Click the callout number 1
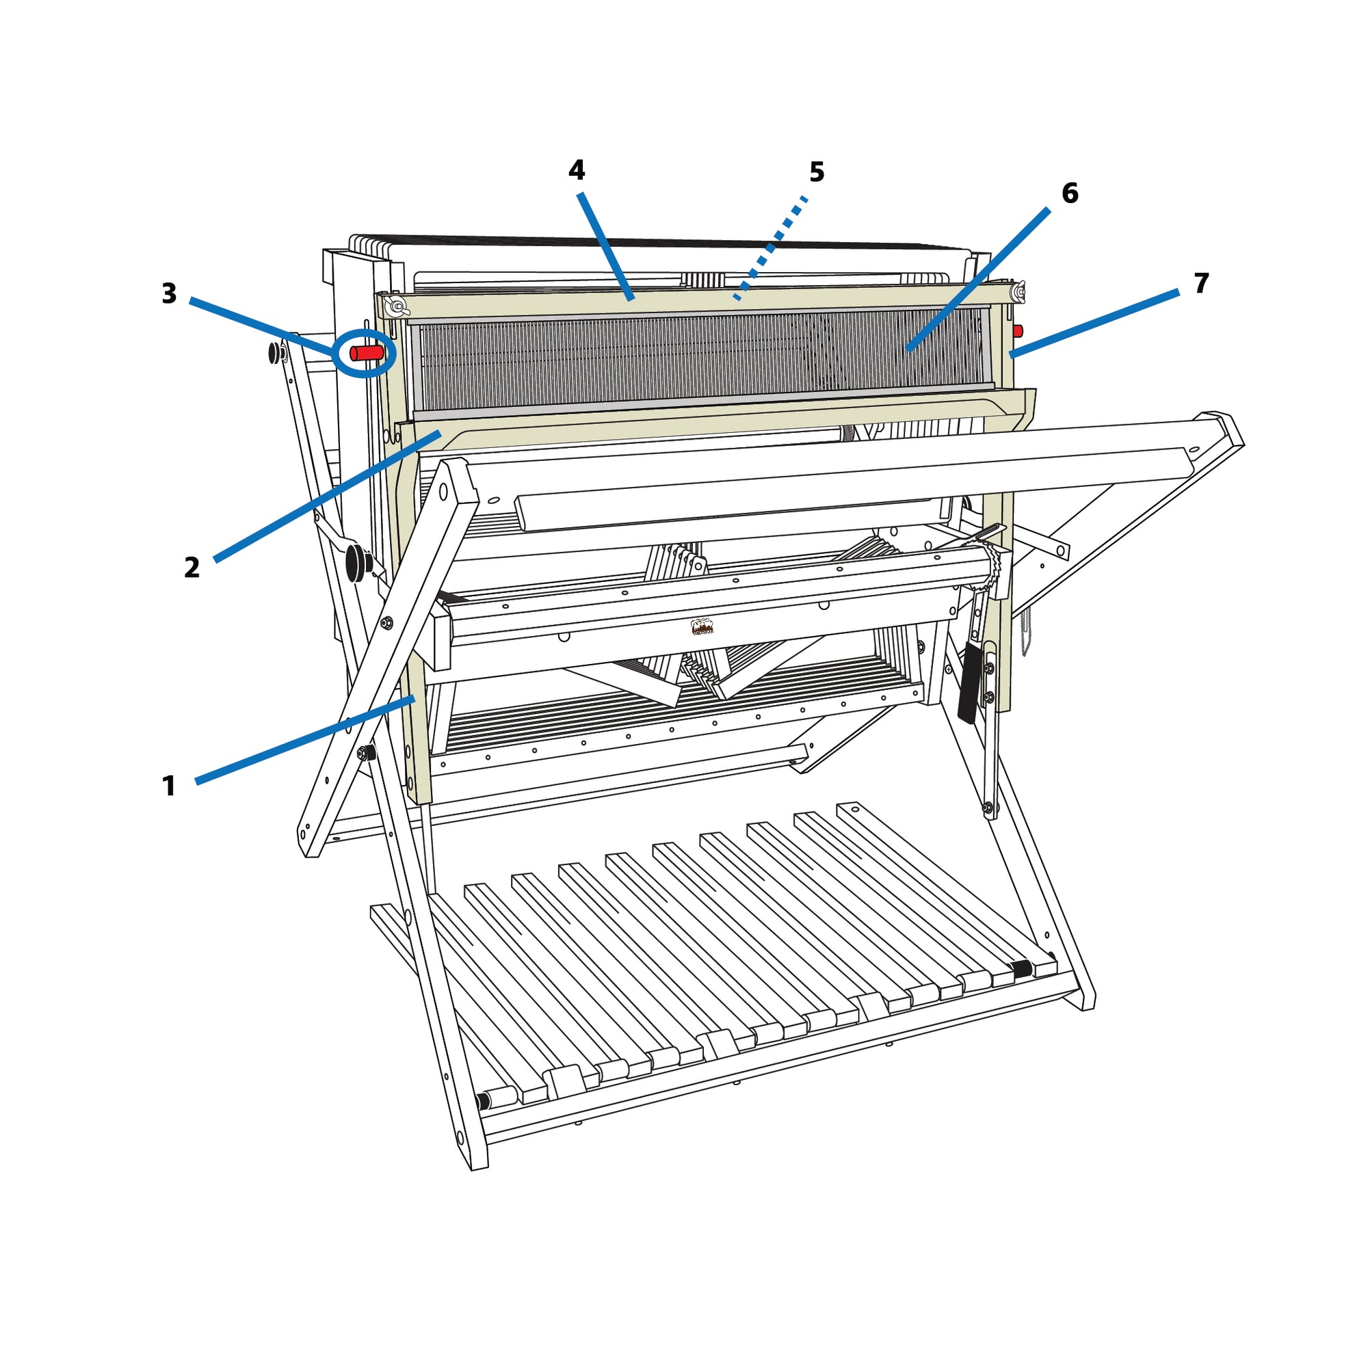[168, 786]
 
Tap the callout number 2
[192, 567]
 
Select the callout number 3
[169, 293]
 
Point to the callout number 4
[577, 170]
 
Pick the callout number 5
[817, 172]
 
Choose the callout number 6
[1070, 194]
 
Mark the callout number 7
[1202, 283]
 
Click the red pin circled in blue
[367, 353]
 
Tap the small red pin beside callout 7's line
[1018, 330]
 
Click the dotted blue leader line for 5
[771, 248]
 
